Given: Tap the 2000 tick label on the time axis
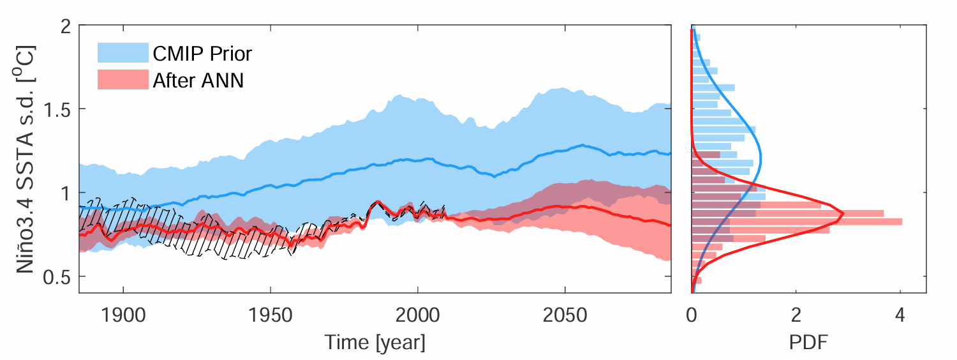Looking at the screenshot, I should point(417,315).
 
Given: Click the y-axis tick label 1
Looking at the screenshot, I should point(64,193).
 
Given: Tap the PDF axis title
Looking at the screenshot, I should point(808,343).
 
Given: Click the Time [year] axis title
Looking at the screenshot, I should point(375,343).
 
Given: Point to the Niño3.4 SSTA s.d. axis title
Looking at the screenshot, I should point(26,160).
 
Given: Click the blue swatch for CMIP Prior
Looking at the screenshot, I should point(122,52).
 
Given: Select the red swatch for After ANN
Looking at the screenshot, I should point(122,80).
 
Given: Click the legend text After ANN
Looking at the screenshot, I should point(198,80).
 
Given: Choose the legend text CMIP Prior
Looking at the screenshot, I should point(202,53).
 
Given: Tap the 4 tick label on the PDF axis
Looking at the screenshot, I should point(900,315).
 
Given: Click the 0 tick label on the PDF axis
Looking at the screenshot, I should point(692,315).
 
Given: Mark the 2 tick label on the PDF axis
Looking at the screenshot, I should point(796,315).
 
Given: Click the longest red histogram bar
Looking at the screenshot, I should point(797,221).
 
